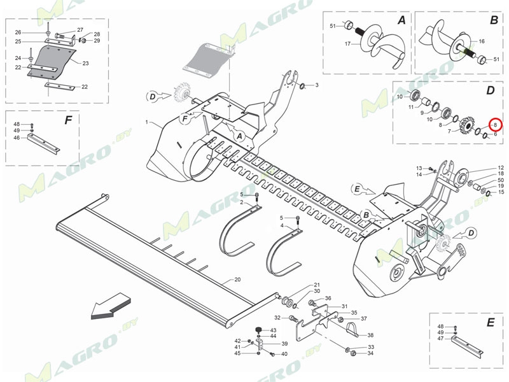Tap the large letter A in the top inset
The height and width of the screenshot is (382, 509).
pyautogui.click(x=401, y=21)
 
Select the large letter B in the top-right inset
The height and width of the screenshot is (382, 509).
pyautogui.click(x=494, y=21)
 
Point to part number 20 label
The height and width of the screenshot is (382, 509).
pyautogui.click(x=237, y=279)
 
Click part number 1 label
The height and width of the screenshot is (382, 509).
pyautogui.click(x=146, y=122)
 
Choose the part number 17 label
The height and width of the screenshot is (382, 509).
pyautogui.click(x=347, y=44)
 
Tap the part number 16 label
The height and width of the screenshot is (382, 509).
pyautogui.click(x=482, y=41)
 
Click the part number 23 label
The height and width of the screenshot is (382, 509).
pyautogui.click(x=86, y=63)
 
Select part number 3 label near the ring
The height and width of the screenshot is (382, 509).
pyautogui.click(x=317, y=85)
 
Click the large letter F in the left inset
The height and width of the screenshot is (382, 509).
pyautogui.click(x=68, y=120)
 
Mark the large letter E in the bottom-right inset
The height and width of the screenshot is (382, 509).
pyautogui.click(x=490, y=323)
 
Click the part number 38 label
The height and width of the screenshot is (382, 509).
pyautogui.click(x=370, y=335)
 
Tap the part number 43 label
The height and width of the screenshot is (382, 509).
pyautogui.click(x=273, y=330)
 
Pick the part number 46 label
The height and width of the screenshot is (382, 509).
pyautogui.click(x=17, y=137)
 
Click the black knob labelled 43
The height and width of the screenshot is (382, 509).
pyautogui.click(x=260, y=329)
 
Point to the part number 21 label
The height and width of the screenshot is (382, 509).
pyautogui.click(x=316, y=285)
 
